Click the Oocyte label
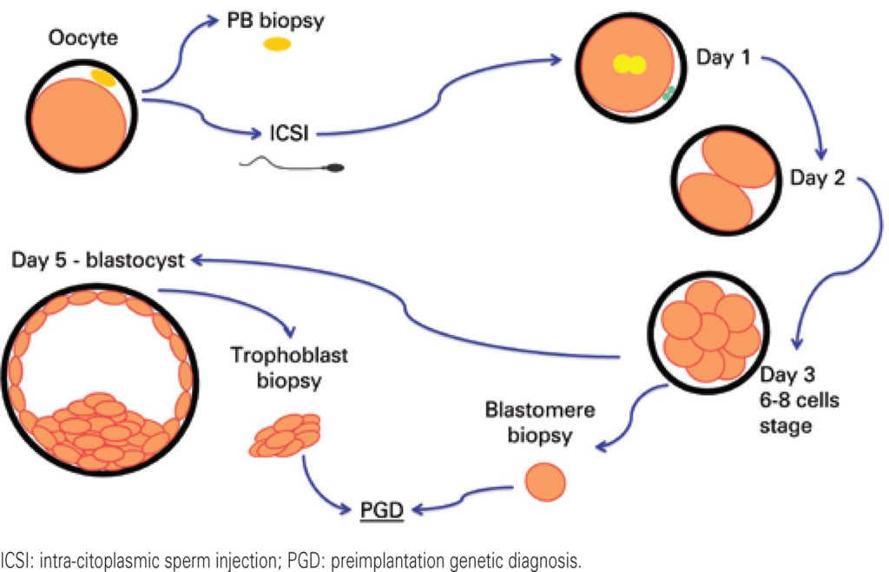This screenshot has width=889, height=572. (82, 37)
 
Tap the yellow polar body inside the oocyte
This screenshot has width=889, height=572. (104, 77)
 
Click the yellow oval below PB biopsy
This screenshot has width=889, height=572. (277, 45)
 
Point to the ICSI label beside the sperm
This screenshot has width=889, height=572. (288, 133)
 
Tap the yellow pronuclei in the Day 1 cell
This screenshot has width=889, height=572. (629, 64)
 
